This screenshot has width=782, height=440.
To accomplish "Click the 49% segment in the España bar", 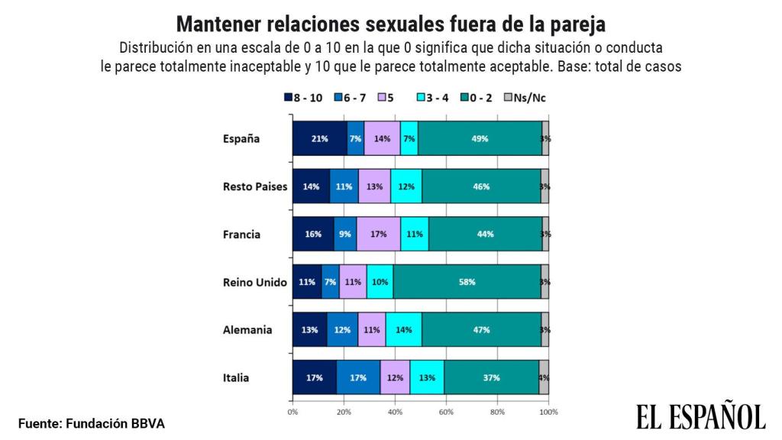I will pyautogui.click(x=480, y=138).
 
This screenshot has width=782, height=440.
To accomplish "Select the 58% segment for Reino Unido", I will pyautogui.click(x=467, y=282).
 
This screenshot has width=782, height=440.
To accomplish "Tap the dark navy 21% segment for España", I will pyautogui.click(x=319, y=138).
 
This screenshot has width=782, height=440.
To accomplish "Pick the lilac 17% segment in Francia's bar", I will pyautogui.click(x=378, y=234).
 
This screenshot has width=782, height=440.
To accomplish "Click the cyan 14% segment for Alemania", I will pyautogui.click(x=403, y=330).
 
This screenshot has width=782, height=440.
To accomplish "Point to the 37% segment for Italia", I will pyautogui.click(x=491, y=377).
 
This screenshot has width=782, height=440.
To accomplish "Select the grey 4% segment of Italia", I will pyautogui.click(x=544, y=377).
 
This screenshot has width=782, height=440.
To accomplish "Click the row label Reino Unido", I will pyautogui.click(x=254, y=282).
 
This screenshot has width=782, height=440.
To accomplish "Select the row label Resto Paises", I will pyautogui.click(x=254, y=186).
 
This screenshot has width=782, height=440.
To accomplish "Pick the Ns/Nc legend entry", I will pyautogui.click(x=530, y=98).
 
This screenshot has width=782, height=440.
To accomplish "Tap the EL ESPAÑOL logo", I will pyautogui.click(x=700, y=417).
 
